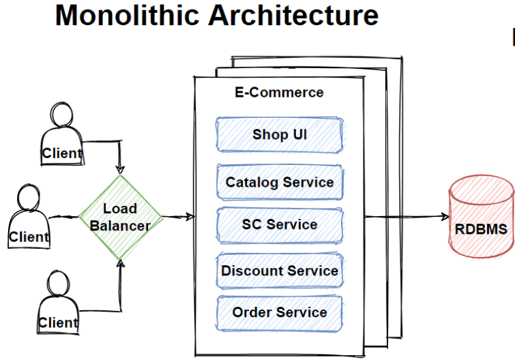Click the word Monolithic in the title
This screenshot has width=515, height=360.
[x=128, y=15]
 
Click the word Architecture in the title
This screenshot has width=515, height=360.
[x=293, y=15]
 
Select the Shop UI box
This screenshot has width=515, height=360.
[x=280, y=134]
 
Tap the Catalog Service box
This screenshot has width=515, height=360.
[x=280, y=182]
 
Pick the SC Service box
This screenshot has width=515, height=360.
[x=280, y=225]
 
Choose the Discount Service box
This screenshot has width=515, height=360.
[x=280, y=271]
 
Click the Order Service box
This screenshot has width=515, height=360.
[x=280, y=313]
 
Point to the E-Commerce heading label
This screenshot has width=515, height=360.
[x=279, y=93]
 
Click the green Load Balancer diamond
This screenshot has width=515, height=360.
[x=121, y=217]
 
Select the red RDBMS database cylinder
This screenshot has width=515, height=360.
[x=481, y=217]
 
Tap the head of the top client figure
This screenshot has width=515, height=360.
[x=62, y=114]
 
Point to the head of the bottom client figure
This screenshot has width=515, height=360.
[x=58, y=284]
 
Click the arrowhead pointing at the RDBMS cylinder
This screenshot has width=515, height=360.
[x=445, y=216]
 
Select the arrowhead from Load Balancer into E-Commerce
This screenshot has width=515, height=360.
[x=190, y=217]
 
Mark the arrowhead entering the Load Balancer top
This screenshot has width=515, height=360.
[x=120, y=170]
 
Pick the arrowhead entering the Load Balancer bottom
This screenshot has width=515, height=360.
[x=121, y=263]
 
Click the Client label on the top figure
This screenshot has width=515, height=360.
[x=62, y=153]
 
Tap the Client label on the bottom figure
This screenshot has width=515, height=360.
[x=58, y=323]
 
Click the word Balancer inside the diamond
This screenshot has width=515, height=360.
[x=120, y=226]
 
